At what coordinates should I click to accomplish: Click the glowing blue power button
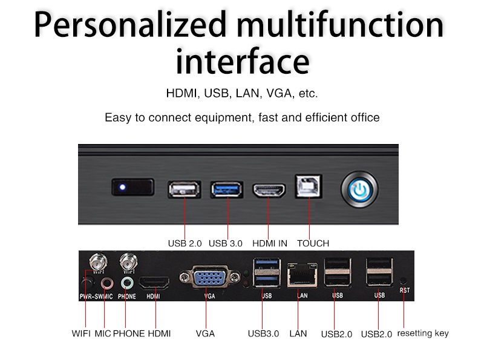[359, 189]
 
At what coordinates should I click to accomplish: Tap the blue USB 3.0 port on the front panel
[226, 189]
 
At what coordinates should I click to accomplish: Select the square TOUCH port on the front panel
[309, 186]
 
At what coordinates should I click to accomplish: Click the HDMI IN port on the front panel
[269, 190]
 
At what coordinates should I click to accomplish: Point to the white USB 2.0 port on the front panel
[185, 189]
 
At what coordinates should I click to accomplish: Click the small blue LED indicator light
[123, 187]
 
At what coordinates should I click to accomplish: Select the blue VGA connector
[210, 277]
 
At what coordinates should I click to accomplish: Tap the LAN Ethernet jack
[302, 275]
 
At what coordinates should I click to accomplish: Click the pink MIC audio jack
[107, 283]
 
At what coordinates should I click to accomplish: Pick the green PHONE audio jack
[127, 283]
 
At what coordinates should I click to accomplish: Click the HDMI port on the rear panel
[154, 283]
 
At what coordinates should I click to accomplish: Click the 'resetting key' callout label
[423, 333]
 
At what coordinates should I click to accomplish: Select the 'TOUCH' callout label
[313, 243]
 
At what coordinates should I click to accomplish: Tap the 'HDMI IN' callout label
[269, 243]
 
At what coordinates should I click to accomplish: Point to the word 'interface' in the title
[243, 61]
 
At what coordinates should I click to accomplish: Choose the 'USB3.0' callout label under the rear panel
[263, 334]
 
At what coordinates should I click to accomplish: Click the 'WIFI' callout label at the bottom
[81, 333]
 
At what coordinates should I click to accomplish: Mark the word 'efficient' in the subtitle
[327, 117]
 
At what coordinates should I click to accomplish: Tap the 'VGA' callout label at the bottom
[205, 333]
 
